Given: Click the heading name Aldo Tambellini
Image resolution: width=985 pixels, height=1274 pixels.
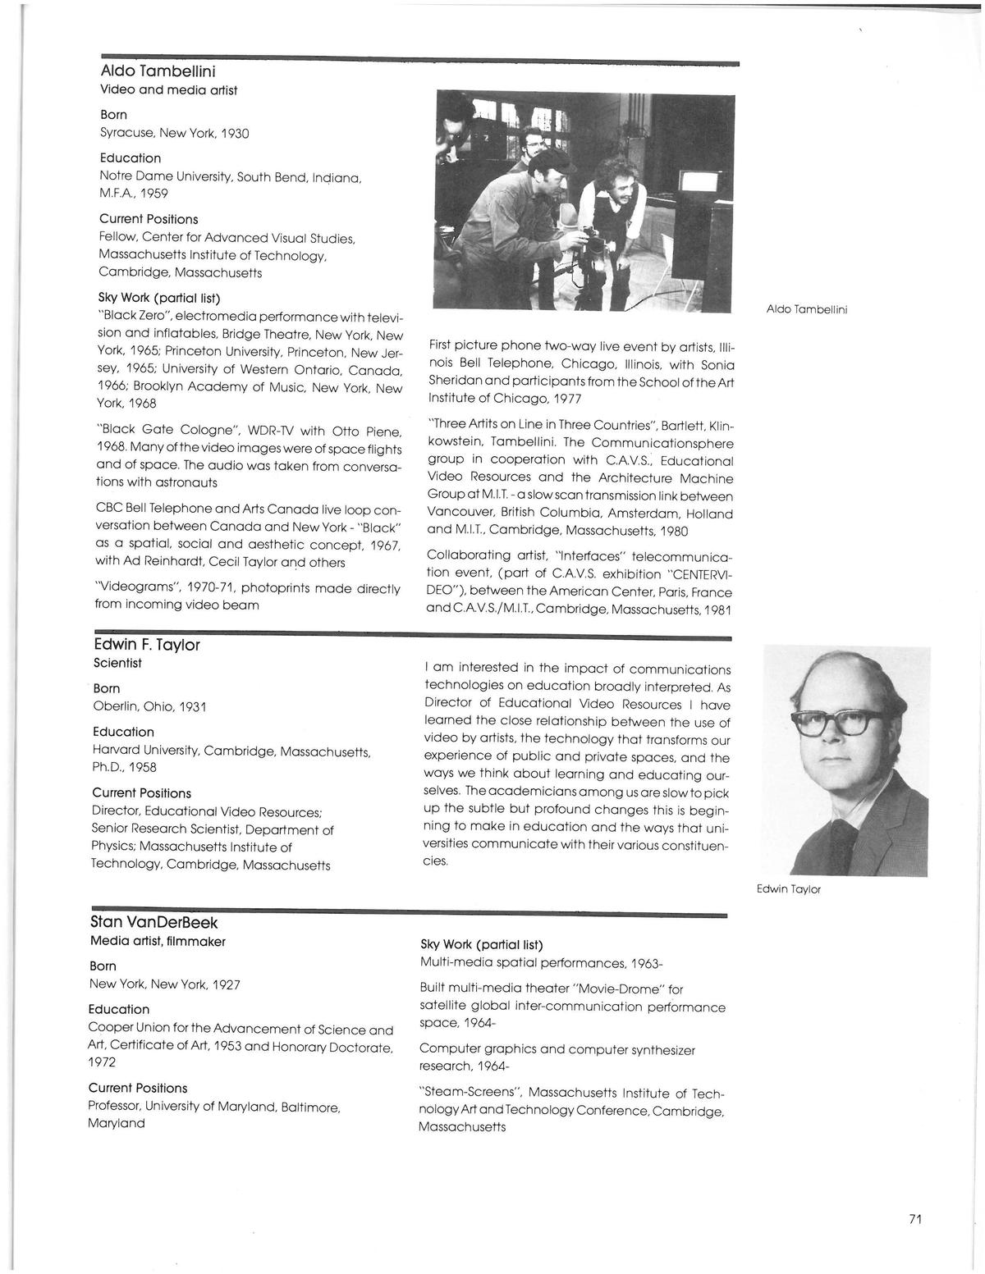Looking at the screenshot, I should click(158, 71).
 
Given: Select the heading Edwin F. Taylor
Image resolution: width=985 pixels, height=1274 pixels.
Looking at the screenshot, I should click(147, 645).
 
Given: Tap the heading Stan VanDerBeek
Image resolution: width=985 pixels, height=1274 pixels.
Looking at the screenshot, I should click(153, 922).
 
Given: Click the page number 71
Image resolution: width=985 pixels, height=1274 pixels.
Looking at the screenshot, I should click(915, 1219).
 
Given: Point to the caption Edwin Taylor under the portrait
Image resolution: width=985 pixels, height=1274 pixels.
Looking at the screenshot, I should click(788, 889).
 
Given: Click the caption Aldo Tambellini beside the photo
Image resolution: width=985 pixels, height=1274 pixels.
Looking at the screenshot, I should click(806, 309).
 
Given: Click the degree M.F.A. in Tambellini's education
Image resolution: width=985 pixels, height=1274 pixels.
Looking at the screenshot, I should click(117, 194).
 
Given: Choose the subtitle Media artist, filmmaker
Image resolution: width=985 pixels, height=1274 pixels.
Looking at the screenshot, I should click(158, 941).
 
